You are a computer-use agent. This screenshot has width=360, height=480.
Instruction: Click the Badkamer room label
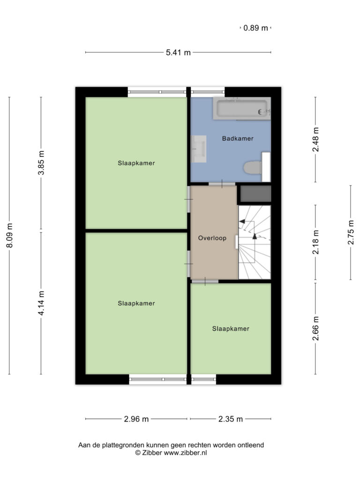pyautogui.click(x=238, y=138)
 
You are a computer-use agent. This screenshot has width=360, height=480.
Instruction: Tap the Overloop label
pyautogui.click(x=212, y=238)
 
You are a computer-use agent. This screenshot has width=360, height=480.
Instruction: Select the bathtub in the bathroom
pyautogui.click(x=242, y=108)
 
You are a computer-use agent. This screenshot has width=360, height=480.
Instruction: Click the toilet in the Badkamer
pyautogui.click(x=253, y=167)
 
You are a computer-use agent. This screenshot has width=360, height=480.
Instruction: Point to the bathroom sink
pyautogui.click(x=199, y=149)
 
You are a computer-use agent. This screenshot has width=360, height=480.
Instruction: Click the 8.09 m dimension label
pyautogui.click(x=9, y=235)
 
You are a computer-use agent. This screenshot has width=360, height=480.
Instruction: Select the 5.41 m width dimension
pyautogui.click(x=178, y=52)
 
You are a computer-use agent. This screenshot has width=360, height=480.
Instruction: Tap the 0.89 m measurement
pyautogui.click(x=255, y=28)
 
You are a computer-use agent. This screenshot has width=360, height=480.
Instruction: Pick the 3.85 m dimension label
pyautogui.click(x=41, y=163)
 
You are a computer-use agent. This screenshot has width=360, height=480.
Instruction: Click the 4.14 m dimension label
pyautogui.click(x=41, y=303)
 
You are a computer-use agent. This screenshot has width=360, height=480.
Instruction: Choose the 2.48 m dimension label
pyautogui.click(x=315, y=139)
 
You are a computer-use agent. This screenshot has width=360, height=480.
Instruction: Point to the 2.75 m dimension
pyautogui.click(x=351, y=232)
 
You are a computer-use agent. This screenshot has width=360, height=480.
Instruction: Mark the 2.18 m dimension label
pyautogui.click(x=315, y=242)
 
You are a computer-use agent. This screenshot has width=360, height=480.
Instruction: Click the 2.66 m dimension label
pyautogui.click(x=315, y=329)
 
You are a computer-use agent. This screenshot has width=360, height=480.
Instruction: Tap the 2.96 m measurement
pyautogui.click(x=136, y=419)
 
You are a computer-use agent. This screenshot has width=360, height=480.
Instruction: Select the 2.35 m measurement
pyautogui.click(x=231, y=419)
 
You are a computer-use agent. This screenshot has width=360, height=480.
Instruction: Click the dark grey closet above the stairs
pyautogui.click(x=255, y=194)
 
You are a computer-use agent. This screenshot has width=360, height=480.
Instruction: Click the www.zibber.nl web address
pyautogui.click(x=185, y=453)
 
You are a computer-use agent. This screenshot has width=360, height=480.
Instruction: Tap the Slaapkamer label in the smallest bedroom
pyautogui.click(x=231, y=329)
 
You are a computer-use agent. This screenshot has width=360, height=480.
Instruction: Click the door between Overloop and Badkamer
pyautogui.click(x=222, y=184)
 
